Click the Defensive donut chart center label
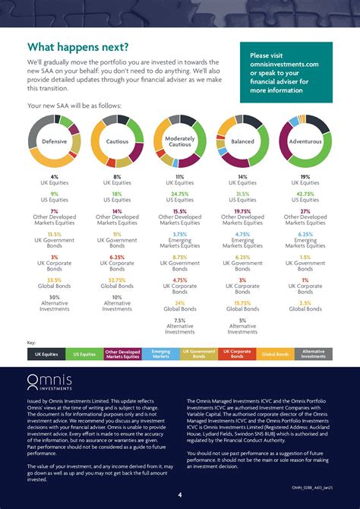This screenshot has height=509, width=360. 54,141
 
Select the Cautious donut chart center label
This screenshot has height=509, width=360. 117,141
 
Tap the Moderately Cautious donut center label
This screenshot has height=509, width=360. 180,141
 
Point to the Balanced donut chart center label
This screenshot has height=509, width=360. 242,141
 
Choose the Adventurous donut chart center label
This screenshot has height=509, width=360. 305,141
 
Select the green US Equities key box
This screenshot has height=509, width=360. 84,354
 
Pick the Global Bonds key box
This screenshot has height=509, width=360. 275,354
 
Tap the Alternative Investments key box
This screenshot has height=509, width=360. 313,354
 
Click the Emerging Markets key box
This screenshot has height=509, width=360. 160,354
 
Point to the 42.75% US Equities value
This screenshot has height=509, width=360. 305,194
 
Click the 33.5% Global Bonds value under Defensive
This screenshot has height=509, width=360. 54,279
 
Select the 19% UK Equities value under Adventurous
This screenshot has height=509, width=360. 305,176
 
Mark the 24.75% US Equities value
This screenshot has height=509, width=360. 180,194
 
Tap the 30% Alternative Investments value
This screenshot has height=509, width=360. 54,296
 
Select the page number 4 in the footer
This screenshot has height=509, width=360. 180,495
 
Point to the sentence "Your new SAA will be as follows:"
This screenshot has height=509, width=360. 74,106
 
